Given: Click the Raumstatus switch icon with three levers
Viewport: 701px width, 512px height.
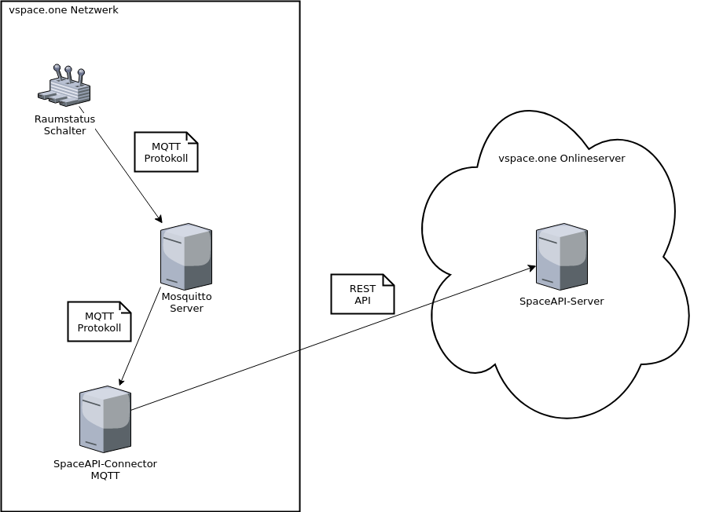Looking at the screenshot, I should [65, 86].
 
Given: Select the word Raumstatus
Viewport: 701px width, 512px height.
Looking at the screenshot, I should [64, 119].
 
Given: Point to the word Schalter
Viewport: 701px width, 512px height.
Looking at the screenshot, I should [64, 131].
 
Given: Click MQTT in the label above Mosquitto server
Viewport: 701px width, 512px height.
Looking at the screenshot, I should [166, 147].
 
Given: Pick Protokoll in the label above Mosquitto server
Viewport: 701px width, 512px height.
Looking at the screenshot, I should [166, 158].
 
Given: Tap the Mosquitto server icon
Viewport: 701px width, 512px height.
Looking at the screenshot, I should [186, 256].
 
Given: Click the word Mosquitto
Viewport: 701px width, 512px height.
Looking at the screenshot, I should [186, 297].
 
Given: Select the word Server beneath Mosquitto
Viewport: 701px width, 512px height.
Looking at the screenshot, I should [186, 309].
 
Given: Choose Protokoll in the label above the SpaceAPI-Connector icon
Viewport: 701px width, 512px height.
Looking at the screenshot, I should [99, 327].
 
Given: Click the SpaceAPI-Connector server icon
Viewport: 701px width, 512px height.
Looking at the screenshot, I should [105, 419].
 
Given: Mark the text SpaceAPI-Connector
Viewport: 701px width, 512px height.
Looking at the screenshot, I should [105, 464].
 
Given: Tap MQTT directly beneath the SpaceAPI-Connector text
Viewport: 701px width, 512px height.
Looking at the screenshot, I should [105, 476].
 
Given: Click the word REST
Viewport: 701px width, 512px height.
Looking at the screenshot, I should [362, 289].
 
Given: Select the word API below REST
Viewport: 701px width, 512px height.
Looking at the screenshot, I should [362, 301].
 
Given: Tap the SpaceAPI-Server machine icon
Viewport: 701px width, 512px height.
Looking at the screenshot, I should [562, 256].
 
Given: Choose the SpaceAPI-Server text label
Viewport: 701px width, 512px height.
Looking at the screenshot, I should [562, 302].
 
